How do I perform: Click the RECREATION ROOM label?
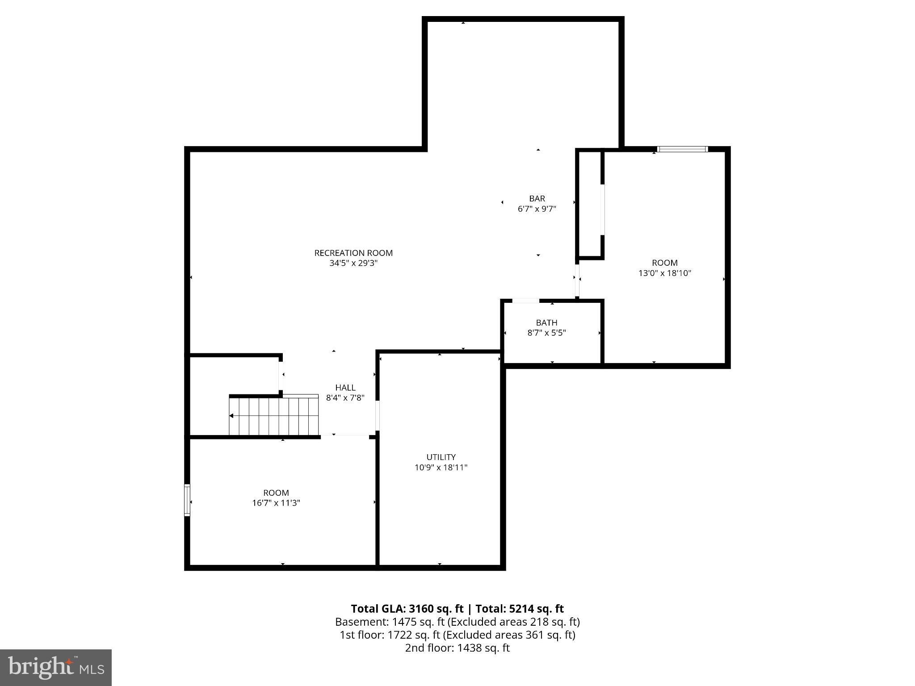[x=353, y=253]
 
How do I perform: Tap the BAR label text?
[x=537, y=198]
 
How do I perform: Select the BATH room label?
[x=546, y=322]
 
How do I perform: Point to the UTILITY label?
[x=441, y=457]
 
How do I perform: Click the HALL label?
[x=345, y=388]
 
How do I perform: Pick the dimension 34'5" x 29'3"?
[x=353, y=263]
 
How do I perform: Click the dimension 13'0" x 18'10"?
[x=664, y=273]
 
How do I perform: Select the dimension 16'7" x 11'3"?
[x=276, y=503]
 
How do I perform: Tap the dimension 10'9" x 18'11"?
[x=441, y=468]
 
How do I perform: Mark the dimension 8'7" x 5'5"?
[x=546, y=333]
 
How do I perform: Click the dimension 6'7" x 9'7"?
[x=537, y=209]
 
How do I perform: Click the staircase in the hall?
[x=274, y=416]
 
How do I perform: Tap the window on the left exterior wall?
[x=187, y=500]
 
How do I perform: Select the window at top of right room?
[x=682, y=149]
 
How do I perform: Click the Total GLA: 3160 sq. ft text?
[x=407, y=609]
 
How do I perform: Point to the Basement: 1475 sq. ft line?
[x=457, y=622]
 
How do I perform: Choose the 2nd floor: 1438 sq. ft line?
[x=457, y=648]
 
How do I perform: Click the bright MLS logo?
[x=56, y=668]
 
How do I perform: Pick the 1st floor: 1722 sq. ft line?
[x=457, y=635]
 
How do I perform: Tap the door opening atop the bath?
[x=525, y=301]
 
